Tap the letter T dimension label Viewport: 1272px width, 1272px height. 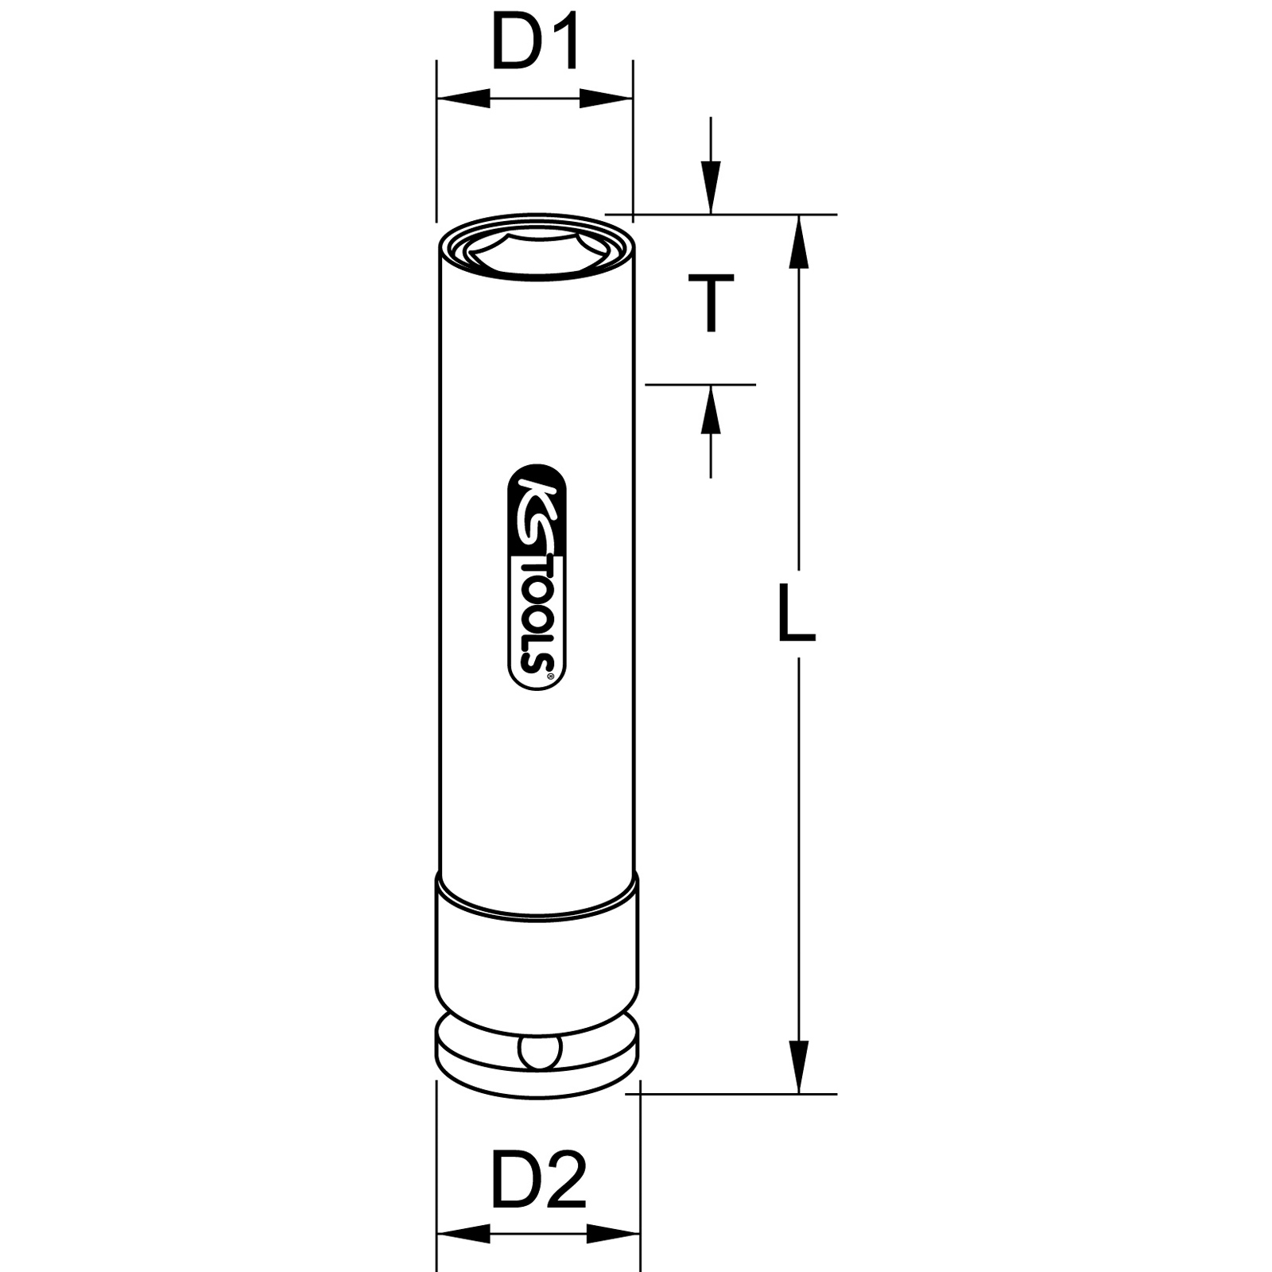710,303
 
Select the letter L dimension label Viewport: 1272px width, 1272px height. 797,613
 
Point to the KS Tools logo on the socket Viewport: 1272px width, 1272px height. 537,577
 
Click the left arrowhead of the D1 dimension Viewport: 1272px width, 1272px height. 463,99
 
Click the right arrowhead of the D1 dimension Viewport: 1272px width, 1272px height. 606,99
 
